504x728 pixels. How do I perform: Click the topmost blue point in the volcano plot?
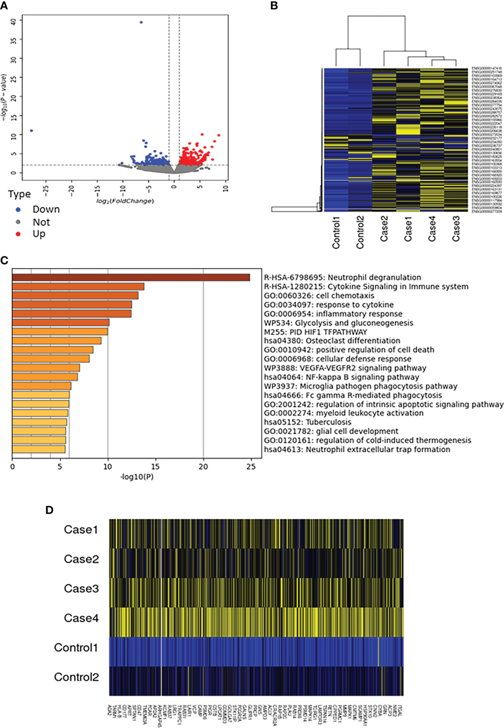click(x=141, y=22)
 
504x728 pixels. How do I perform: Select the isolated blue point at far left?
click(x=31, y=131)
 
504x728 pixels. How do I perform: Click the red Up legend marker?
click(x=18, y=234)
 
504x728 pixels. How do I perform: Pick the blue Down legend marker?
click(x=18, y=209)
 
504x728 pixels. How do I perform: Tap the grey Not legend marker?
click(x=18, y=222)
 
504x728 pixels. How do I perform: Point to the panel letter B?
click(x=274, y=6)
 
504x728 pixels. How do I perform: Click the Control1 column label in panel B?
click(x=336, y=232)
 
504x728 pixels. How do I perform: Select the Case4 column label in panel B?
click(x=432, y=229)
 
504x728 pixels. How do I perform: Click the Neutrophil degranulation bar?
click(x=131, y=278)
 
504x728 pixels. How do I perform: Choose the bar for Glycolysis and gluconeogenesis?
click(x=61, y=323)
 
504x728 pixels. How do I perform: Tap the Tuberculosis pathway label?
click(x=308, y=422)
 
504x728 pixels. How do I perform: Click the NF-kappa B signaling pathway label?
click(x=341, y=377)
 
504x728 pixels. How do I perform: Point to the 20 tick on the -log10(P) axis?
click(x=203, y=467)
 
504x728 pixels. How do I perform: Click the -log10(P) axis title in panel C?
click(x=137, y=477)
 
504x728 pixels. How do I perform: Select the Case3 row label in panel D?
click(x=81, y=589)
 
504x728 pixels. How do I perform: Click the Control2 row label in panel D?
click(x=76, y=677)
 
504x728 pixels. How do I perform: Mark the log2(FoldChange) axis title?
click(x=125, y=201)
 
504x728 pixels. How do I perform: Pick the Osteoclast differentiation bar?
click(x=57, y=341)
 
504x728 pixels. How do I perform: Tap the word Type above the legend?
click(x=19, y=194)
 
